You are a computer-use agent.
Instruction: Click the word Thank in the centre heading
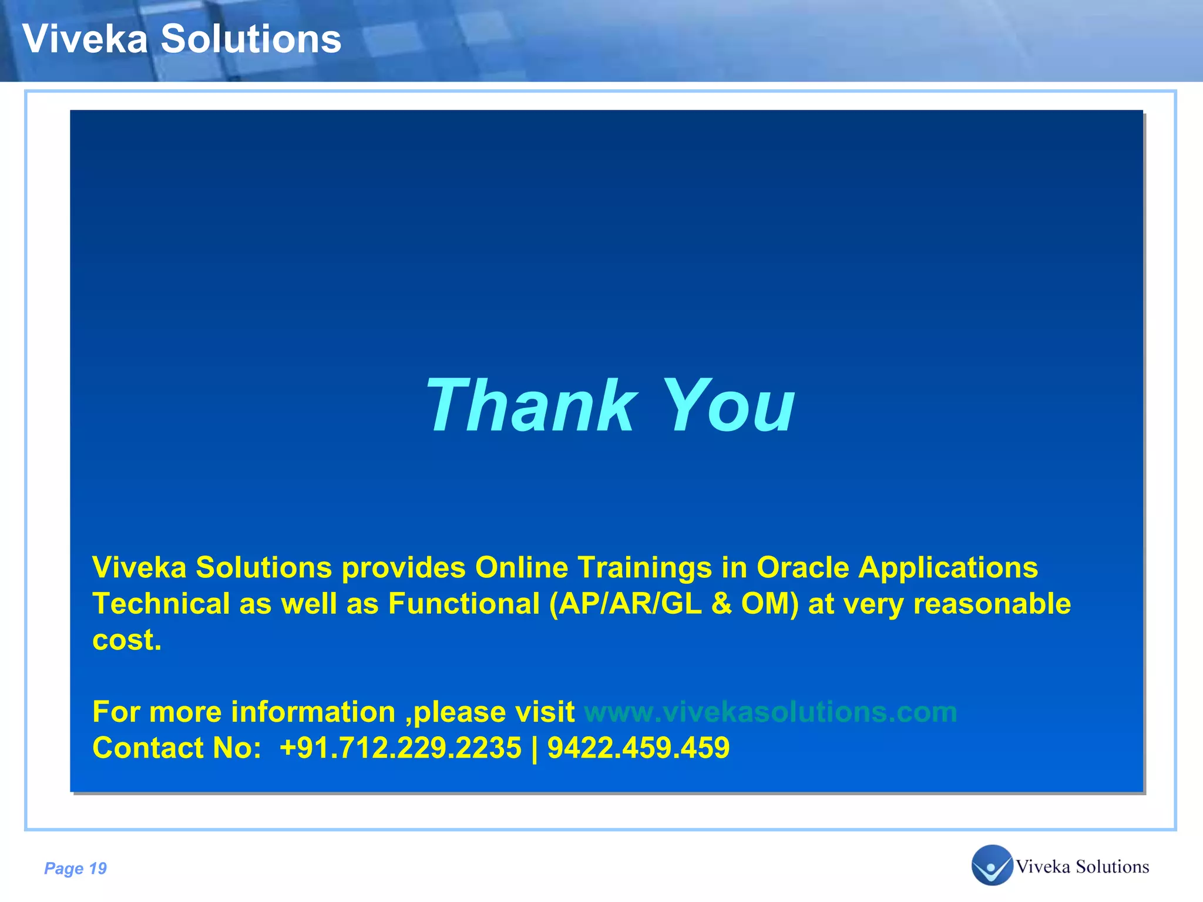[531, 406]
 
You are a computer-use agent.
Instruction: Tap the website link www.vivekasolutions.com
[770, 712]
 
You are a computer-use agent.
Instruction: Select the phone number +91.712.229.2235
[400, 748]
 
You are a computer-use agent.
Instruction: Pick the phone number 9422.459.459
[639, 748]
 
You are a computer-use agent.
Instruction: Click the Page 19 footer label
[76, 869]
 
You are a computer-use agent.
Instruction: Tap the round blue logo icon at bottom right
[992, 865]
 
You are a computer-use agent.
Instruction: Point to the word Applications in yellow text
[948, 568]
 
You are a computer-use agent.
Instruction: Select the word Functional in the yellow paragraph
[463, 604]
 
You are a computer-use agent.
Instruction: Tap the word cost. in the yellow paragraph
[127, 640]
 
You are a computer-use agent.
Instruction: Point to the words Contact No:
[177, 748]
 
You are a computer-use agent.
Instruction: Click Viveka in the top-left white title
[85, 39]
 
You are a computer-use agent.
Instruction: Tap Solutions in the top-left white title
[251, 39]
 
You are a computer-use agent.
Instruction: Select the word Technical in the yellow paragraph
[161, 604]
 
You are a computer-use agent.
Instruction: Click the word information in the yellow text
[313, 712]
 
